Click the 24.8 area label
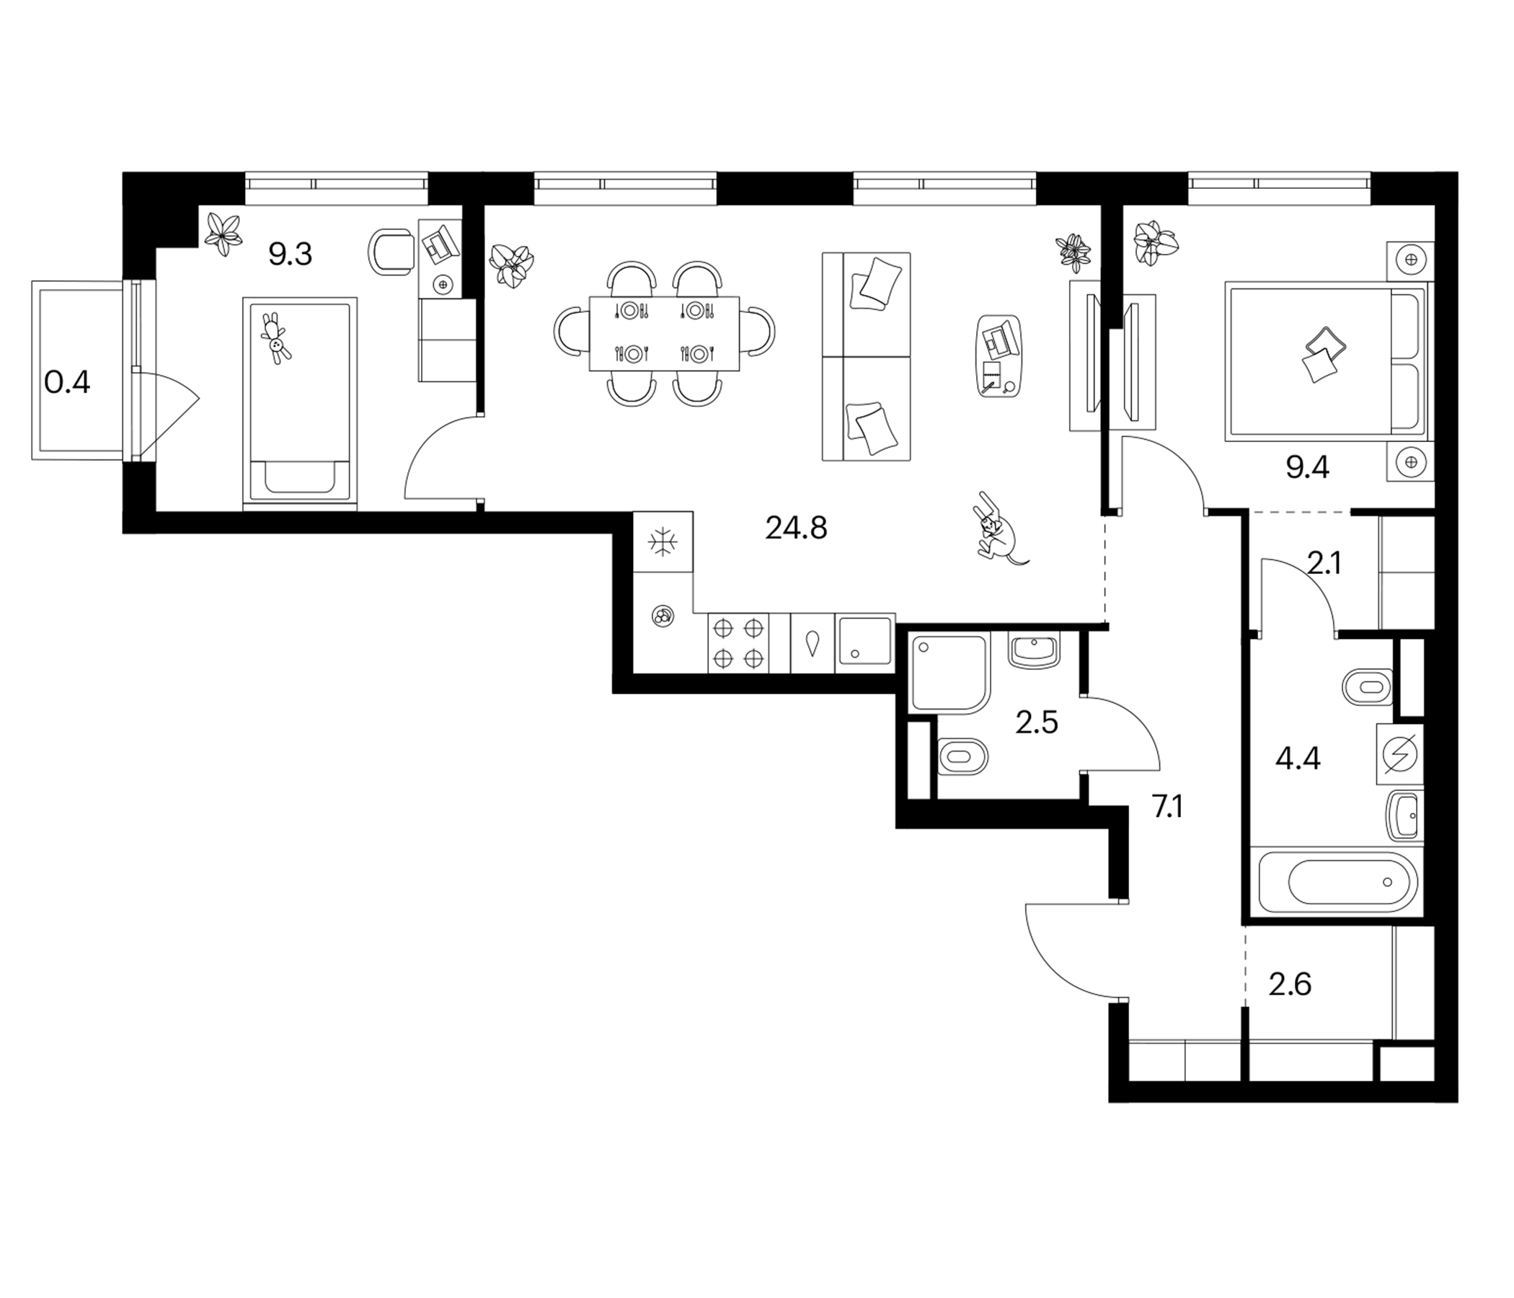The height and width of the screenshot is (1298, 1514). [x=796, y=528]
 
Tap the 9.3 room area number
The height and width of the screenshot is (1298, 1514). [x=290, y=255]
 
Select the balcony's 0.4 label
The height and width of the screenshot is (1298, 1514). [x=67, y=381]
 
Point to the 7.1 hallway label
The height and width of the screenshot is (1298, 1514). [x=1167, y=807]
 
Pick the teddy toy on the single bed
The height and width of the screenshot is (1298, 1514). [x=275, y=338]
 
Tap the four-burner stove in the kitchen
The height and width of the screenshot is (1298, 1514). [x=738, y=643]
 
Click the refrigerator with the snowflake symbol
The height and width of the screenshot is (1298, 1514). [x=663, y=542]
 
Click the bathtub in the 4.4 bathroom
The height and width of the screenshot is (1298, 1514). [x=1337, y=882]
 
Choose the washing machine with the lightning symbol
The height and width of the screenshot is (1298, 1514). [x=1399, y=754]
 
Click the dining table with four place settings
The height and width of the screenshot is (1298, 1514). [x=664, y=333]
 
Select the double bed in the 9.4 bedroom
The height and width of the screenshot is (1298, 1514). [x=1329, y=363]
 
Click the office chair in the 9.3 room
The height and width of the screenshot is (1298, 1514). [x=391, y=252]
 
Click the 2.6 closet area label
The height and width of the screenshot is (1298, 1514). [x=1290, y=984]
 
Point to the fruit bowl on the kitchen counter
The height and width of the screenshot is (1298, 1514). [x=663, y=616]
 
